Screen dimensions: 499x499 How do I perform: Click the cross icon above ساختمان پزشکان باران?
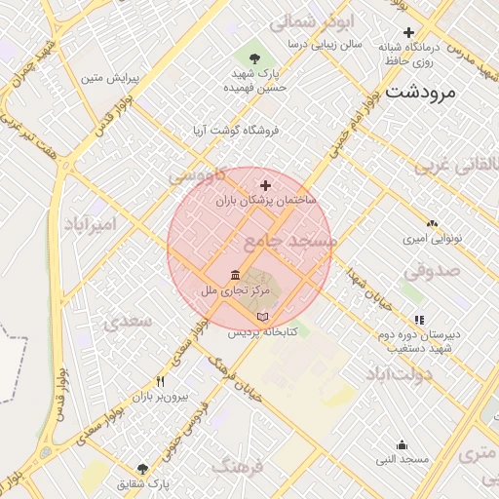264,184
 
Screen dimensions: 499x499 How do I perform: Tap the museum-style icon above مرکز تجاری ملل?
234,277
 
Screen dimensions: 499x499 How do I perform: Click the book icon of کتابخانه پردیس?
260,318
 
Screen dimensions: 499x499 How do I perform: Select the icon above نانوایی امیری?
432,223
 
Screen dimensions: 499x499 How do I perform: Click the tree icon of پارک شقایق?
143,469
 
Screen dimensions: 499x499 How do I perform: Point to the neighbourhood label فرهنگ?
237,467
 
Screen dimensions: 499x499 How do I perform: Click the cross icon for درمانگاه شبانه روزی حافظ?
408,32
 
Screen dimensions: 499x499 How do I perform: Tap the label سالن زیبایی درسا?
325,44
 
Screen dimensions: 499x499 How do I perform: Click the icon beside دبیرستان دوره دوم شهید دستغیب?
420,319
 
